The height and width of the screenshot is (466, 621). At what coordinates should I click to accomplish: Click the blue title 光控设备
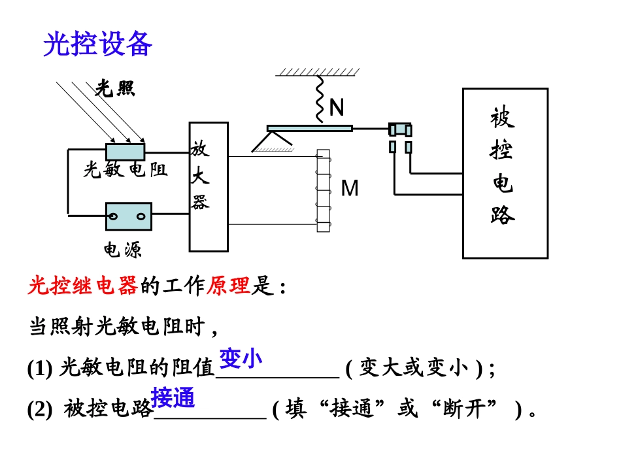[x=98, y=44]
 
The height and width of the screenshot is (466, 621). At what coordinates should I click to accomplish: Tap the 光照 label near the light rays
[x=115, y=88]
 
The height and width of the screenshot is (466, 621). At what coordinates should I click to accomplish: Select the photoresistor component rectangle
[x=125, y=152]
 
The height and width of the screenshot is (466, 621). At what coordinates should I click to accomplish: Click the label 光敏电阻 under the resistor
[x=125, y=171]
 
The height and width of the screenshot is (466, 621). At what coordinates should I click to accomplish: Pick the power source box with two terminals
[x=128, y=216]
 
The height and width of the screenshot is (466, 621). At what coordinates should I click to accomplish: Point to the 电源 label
[x=122, y=250]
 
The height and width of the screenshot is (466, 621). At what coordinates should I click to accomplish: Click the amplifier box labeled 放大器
[x=209, y=186]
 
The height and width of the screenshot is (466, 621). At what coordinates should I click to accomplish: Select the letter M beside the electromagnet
[x=350, y=188]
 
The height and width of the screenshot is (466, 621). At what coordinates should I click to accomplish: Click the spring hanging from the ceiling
[x=320, y=99]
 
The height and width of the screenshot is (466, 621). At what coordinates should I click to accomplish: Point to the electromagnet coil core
[x=323, y=190]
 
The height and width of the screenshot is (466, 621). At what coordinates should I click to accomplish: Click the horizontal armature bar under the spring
[x=309, y=128]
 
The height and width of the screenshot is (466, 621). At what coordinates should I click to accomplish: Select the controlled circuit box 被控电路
[x=505, y=173]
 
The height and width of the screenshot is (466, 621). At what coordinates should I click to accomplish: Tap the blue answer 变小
[x=241, y=358]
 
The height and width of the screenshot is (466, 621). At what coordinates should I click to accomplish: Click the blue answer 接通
[x=173, y=397]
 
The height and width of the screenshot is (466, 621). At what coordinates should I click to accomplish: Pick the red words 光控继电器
[x=83, y=286]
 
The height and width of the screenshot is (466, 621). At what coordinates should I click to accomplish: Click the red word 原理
[x=228, y=286]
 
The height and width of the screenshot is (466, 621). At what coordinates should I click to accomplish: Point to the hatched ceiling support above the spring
[x=317, y=72]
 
